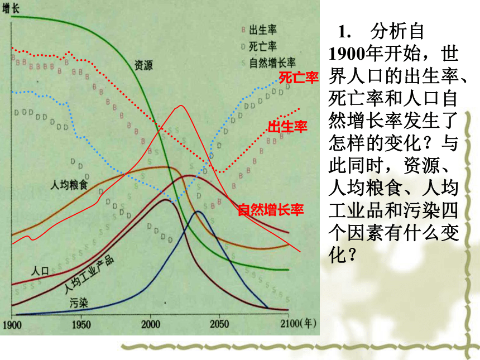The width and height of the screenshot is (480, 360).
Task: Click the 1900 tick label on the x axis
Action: pos(12,324)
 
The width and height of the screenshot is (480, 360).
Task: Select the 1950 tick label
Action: pos(81,324)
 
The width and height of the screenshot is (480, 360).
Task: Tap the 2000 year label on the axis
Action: pos(150,324)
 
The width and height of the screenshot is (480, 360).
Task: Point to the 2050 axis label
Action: pos(219,324)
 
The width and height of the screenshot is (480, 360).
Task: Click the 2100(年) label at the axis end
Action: pos(298,324)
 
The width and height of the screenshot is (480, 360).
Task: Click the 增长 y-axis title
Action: pos(11,8)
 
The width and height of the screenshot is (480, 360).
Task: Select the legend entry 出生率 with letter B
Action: pos(259,30)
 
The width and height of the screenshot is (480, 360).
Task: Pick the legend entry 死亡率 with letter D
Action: pos(259,46)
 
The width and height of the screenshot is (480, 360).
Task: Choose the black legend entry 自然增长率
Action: pos(268,63)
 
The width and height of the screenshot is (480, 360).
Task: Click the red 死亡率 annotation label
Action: pos(299,78)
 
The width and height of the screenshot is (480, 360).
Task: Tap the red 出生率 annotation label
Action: pos(287,127)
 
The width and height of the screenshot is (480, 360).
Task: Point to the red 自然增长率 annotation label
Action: pos(271,210)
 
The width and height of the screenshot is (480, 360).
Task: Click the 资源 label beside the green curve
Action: pos(143,65)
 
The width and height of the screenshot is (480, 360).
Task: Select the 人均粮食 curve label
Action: pos(69,185)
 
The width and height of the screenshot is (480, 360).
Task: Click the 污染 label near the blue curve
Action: pos(79,303)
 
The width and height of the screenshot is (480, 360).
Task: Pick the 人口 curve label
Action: pos(40,271)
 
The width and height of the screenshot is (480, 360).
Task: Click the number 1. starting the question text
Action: pos(344,32)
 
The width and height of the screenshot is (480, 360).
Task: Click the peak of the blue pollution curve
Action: pos(198,211)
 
